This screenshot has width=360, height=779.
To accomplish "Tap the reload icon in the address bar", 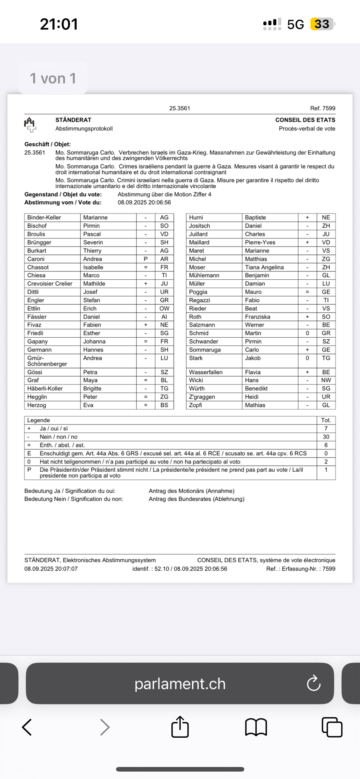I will coord(313,683).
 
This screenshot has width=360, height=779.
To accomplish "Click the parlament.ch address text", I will coord(180,684).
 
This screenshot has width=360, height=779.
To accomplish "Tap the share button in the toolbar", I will coord(180,727).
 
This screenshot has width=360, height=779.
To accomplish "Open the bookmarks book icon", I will coord(256,727).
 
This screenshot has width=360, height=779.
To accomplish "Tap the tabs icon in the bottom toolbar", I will coord(332,727).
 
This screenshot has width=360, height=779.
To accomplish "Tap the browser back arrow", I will coord(27,727).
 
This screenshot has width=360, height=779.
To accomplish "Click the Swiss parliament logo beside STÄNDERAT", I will coord(30,124).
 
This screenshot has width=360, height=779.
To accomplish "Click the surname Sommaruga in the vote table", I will coord(205,350).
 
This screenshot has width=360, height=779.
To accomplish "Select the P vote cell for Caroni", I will coord(146,259).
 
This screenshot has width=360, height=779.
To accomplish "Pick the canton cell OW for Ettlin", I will coord(164,308).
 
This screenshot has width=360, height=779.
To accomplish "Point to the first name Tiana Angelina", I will coord(264,267).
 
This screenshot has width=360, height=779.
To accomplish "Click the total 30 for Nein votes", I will coord(326,437).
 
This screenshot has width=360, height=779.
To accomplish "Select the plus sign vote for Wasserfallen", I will coord(307,372).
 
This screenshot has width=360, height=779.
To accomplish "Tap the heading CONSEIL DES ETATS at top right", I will coord(305,120).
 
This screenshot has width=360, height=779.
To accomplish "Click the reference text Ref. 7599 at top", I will coord(323,108).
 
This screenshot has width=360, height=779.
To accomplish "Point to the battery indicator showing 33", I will coord(322,24).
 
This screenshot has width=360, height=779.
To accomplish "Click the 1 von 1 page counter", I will coord(53,78).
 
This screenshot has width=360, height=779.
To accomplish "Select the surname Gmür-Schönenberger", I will coord(47,361).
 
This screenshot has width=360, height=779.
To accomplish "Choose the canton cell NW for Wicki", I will coord(326,380).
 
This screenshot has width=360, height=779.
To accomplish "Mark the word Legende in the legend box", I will coord(39,420).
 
